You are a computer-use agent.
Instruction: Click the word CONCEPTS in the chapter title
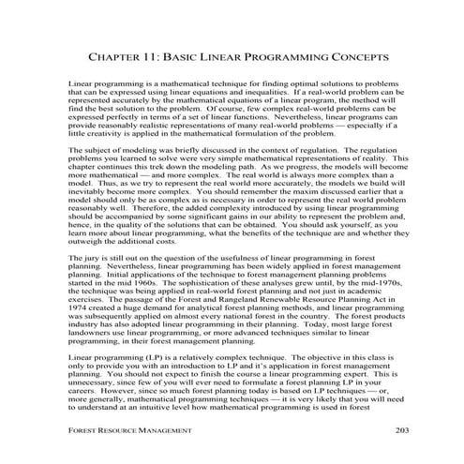(x=355, y=57)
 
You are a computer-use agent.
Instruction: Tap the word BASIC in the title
(x=187, y=57)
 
